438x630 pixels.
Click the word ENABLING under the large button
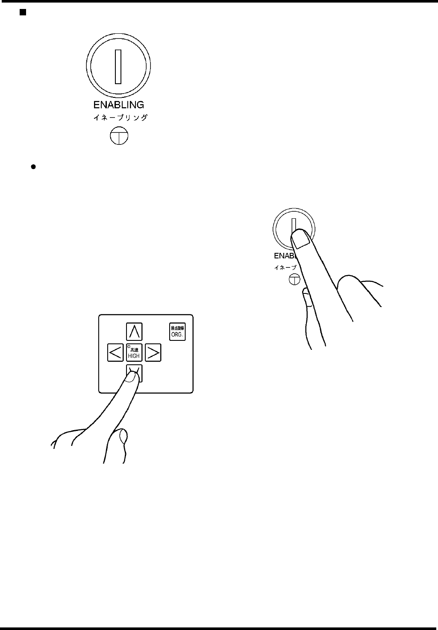pos(118,104)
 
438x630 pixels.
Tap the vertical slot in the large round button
pos(118,66)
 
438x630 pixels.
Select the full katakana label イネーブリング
pos(121,117)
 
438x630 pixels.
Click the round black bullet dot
pos(32,167)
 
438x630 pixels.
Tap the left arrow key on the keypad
pos(115,353)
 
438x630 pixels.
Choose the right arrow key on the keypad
pos(153,353)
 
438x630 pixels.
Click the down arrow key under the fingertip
pos(134,372)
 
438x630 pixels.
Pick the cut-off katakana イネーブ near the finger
pos(285,268)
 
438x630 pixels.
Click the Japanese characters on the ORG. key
pos(177,328)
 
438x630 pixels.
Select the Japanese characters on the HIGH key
pos(134,350)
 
